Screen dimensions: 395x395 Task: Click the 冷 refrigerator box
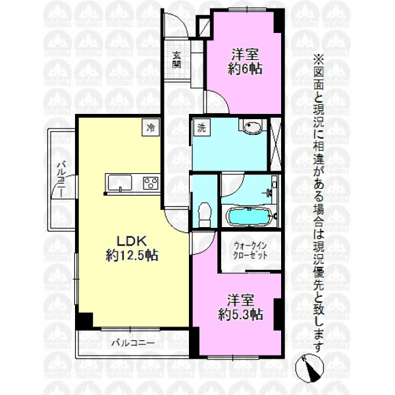pos(151,128)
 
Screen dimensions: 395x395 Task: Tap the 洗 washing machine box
pos(201,128)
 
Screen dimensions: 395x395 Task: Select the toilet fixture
pos(205,215)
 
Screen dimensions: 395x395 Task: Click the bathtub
pos(249,217)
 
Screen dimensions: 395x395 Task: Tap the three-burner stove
pos(151,183)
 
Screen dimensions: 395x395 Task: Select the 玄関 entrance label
pos(177,60)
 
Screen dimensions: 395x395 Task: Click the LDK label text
pos(132,241)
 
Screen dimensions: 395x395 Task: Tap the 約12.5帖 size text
pos(132,255)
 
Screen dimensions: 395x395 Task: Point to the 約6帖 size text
pos(245,68)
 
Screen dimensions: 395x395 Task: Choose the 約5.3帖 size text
pos(240,314)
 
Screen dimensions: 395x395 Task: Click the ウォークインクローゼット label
pos(250,251)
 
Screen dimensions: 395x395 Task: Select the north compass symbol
pos(309,367)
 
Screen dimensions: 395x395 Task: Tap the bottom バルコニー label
pos(133,343)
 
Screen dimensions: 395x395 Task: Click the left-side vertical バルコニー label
pos(61,179)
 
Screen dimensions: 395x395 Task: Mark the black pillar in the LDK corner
pos(85,320)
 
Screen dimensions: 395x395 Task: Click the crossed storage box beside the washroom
pos(276,144)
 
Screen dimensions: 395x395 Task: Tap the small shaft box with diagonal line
pos(203,26)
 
